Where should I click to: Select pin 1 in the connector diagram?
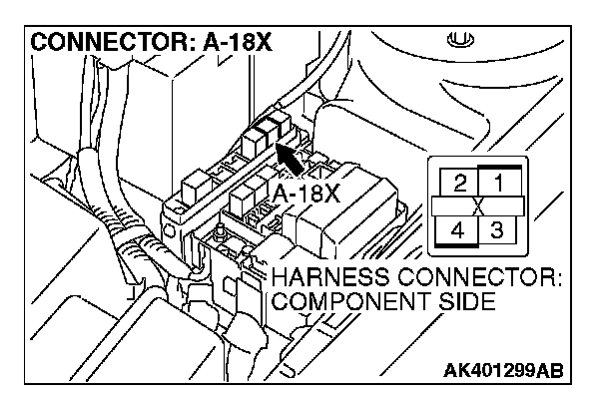click(x=496, y=183)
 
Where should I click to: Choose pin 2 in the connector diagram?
click(x=459, y=183)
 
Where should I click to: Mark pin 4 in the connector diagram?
click(x=458, y=231)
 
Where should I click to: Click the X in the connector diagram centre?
click(x=477, y=207)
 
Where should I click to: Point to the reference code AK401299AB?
click(x=501, y=372)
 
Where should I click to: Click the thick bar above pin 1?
click(x=497, y=166)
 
